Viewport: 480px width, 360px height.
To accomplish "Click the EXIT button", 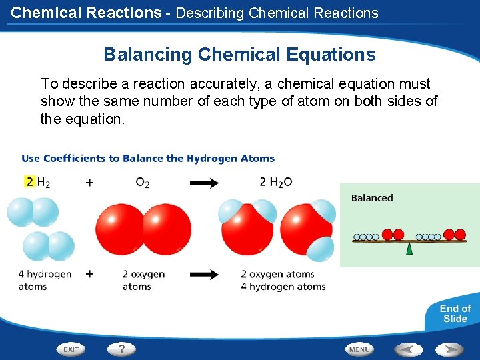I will [72, 349].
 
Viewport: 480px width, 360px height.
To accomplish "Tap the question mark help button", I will [121, 349].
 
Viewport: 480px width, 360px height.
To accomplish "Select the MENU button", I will [359, 349].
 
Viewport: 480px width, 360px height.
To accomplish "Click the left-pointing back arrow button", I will [408, 349].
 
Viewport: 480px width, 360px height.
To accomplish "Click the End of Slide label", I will [455, 313].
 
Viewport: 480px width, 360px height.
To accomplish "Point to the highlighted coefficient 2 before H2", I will [29, 181].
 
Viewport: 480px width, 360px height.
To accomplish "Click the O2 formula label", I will [143, 183].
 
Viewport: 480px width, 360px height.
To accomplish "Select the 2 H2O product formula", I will [275, 182].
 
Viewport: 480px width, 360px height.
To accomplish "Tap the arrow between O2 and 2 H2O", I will [204, 183].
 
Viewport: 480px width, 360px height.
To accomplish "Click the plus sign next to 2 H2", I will [89, 182].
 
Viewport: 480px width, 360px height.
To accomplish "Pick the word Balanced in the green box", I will [372, 198].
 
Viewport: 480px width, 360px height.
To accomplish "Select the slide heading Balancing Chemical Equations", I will [239, 54].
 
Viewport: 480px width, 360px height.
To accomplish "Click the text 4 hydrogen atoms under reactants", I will [45, 280].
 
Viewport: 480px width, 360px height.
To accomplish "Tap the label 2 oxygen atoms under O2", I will [143, 280].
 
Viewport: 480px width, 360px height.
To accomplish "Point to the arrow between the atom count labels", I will [204, 274].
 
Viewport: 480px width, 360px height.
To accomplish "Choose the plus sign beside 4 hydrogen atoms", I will [89, 273].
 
